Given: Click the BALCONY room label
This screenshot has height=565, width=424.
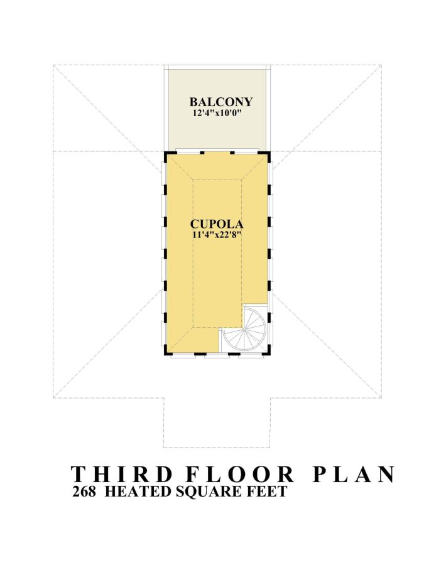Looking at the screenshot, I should pos(221,102).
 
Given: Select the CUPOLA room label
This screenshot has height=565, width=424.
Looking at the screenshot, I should pos(217,223).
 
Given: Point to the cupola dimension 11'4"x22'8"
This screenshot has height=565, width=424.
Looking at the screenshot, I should pos(217,235).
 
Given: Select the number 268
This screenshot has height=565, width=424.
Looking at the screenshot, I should pos(84,492).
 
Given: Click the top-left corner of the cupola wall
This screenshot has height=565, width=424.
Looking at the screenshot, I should pos(165,153).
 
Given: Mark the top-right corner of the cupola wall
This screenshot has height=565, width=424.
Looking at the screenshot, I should pos(269,153).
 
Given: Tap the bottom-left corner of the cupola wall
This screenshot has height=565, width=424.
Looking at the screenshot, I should pos(165,354).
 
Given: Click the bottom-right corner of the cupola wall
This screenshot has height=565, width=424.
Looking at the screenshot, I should pos(269,354).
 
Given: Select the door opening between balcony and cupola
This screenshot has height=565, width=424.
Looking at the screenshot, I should pos(217,152).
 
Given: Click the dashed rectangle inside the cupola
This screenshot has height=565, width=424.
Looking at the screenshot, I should pos(193,251).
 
